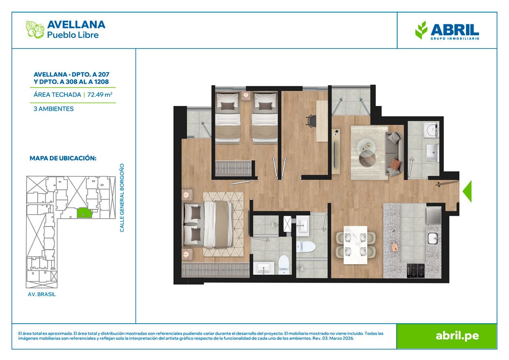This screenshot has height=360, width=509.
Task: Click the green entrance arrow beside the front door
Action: point(467,192)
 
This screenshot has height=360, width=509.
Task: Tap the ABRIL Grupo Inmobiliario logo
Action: point(447,30)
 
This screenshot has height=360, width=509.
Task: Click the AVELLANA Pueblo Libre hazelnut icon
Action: point(35,30)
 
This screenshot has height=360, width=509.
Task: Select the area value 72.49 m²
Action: point(100,94)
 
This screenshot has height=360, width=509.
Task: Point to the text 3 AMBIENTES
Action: point(54,109)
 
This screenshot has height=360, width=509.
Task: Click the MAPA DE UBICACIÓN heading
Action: point(63,158)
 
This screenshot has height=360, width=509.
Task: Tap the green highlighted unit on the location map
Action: point(84,212)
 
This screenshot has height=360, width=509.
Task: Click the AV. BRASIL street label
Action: point(42,294)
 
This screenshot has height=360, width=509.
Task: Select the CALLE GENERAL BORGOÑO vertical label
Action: point(122,198)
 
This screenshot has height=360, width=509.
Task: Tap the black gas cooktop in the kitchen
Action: point(416,271)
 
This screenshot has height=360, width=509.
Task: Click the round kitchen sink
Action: point(433,239)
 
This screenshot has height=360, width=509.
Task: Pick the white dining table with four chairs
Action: point(356,245)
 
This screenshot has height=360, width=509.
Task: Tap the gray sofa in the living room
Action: point(394,153)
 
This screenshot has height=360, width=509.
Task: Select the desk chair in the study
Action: point(310,121)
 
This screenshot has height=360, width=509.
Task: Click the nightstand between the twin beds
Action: point(246,96)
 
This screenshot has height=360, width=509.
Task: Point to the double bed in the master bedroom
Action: point(209,224)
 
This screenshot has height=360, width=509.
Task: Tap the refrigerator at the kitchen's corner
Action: point(434,215)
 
